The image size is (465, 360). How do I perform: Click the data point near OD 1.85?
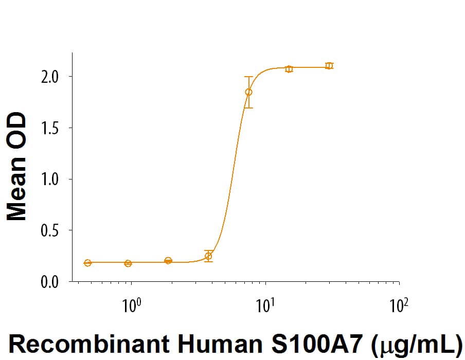[248, 92]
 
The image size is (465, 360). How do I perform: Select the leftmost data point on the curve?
[87, 263]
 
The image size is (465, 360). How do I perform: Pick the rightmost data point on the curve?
[329, 66]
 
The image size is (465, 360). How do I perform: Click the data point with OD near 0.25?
[208, 256]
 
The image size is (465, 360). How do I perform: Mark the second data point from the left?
[128, 263]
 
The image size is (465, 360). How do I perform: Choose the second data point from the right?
[289, 69]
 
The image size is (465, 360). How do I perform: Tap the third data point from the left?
[168, 261]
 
